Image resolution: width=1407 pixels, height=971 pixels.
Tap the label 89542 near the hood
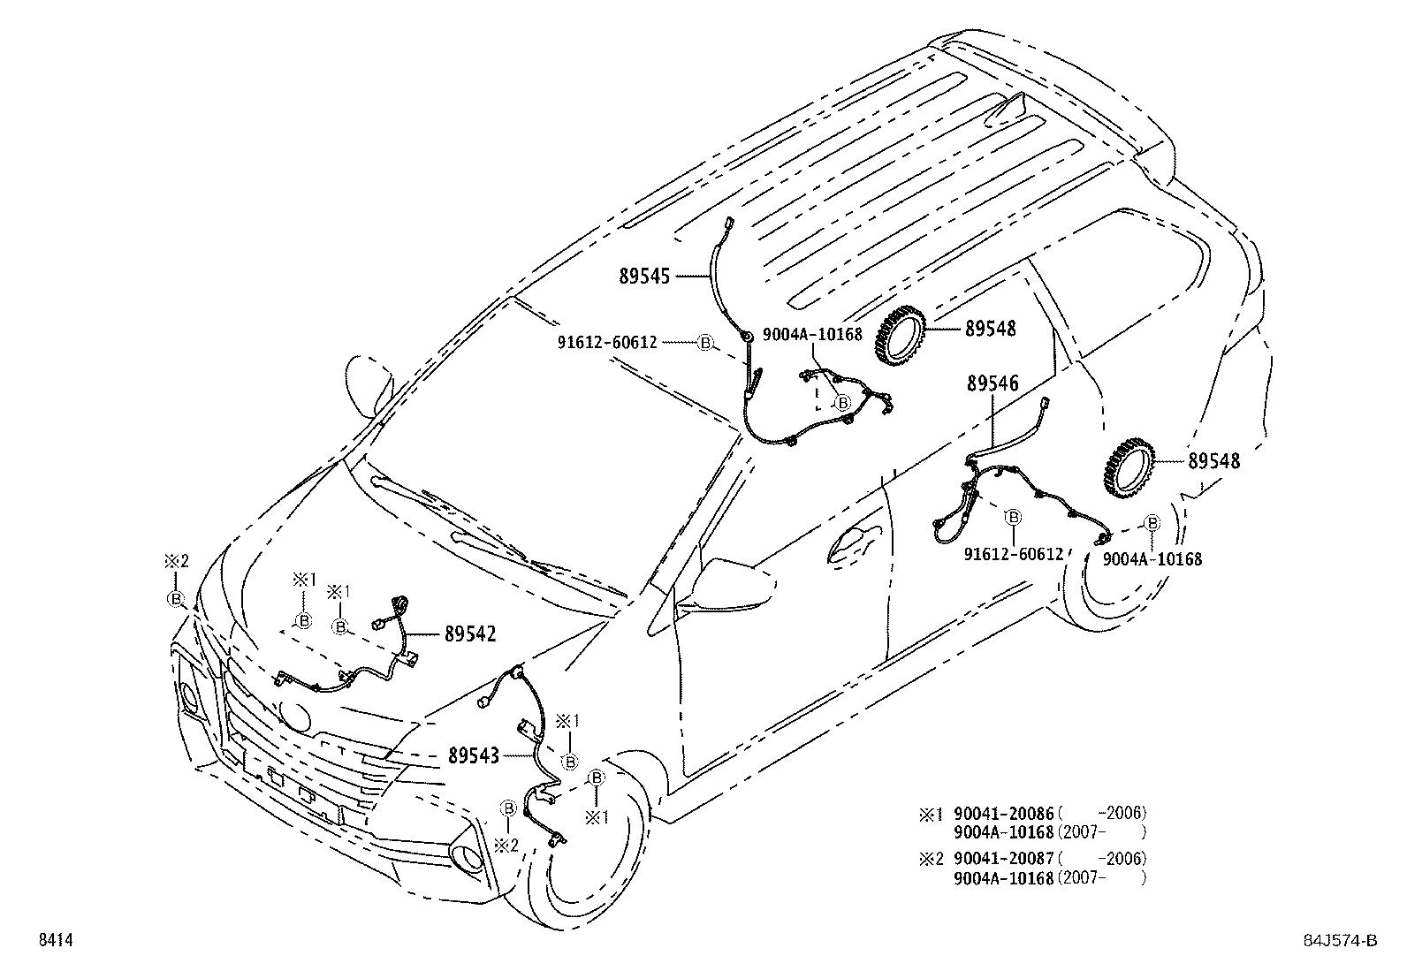(x=469, y=634)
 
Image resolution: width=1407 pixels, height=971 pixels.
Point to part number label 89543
(x=474, y=755)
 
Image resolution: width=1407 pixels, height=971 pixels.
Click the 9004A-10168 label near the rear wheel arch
(x=1152, y=559)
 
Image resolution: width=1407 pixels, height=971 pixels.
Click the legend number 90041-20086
(x=1004, y=813)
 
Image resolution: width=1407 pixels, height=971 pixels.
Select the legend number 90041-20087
(x=1004, y=858)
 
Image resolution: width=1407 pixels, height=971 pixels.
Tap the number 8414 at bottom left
(x=54, y=941)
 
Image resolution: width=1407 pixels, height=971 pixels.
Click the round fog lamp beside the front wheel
(x=464, y=856)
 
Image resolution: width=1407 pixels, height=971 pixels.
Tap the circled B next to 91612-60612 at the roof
(x=704, y=343)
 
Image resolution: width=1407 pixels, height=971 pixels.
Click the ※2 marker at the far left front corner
(x=176, y=561)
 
